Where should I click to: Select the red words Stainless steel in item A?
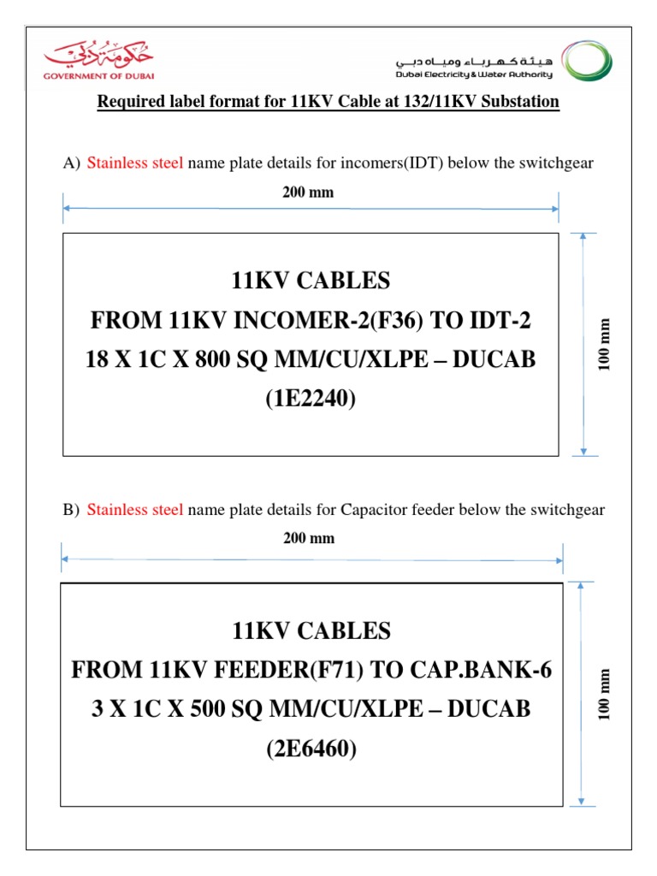[x=135, y=163]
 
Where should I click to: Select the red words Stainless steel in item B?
[x=135, y=510]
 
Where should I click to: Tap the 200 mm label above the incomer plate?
[x=309, y=192]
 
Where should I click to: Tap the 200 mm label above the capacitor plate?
[x=310, y=538]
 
